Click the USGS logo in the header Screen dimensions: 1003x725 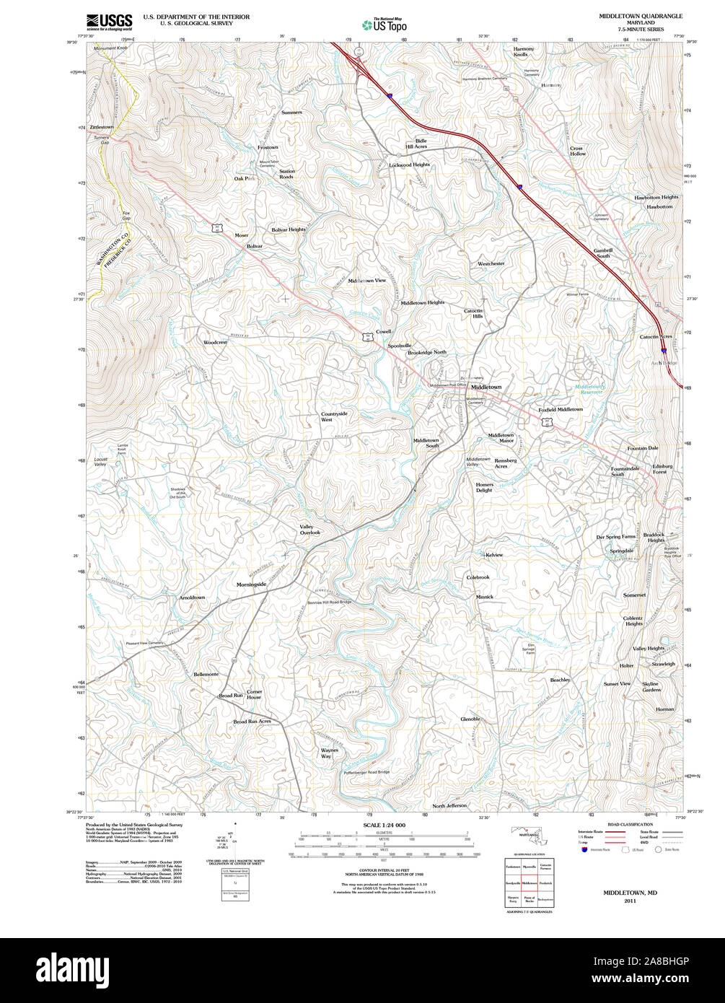[110, 21]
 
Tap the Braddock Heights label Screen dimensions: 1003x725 [654, 538]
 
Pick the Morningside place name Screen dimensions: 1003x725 [252, 584]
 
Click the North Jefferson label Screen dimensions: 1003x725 [449, 805]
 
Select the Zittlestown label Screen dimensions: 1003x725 [102, 127]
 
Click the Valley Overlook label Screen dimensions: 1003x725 [309, 530]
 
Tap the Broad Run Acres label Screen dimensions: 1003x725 [252, 722]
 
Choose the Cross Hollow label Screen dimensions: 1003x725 [577, 151]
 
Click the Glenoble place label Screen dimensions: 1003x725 [470, 719]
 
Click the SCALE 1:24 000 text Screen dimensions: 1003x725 [384, 825]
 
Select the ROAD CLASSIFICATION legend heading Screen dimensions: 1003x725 [630, 825]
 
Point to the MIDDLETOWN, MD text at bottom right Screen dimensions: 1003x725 [630, 893]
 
